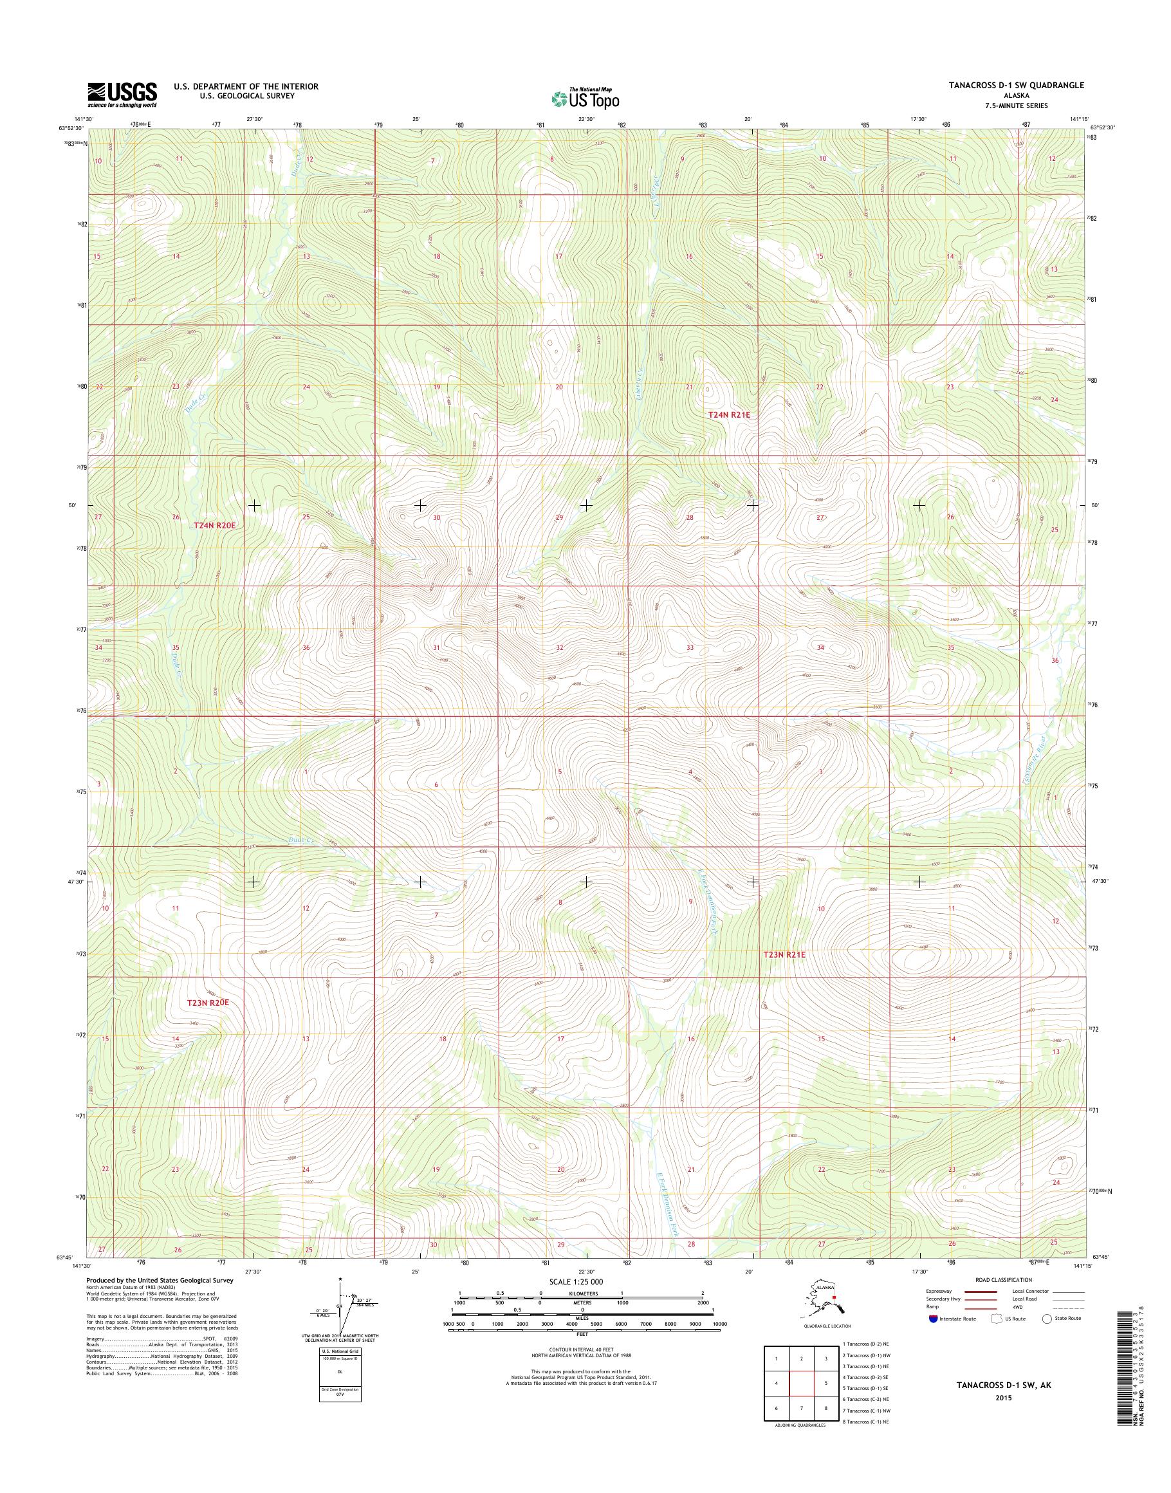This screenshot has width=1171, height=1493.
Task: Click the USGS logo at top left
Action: click(x=122, y=95)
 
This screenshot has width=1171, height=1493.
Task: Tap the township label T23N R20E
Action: click(x=207, y=1003)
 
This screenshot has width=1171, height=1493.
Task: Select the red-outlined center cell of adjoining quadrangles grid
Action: click(x=801, y=1384)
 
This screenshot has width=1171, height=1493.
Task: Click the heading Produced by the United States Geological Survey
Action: click(x=159, y=1281)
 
